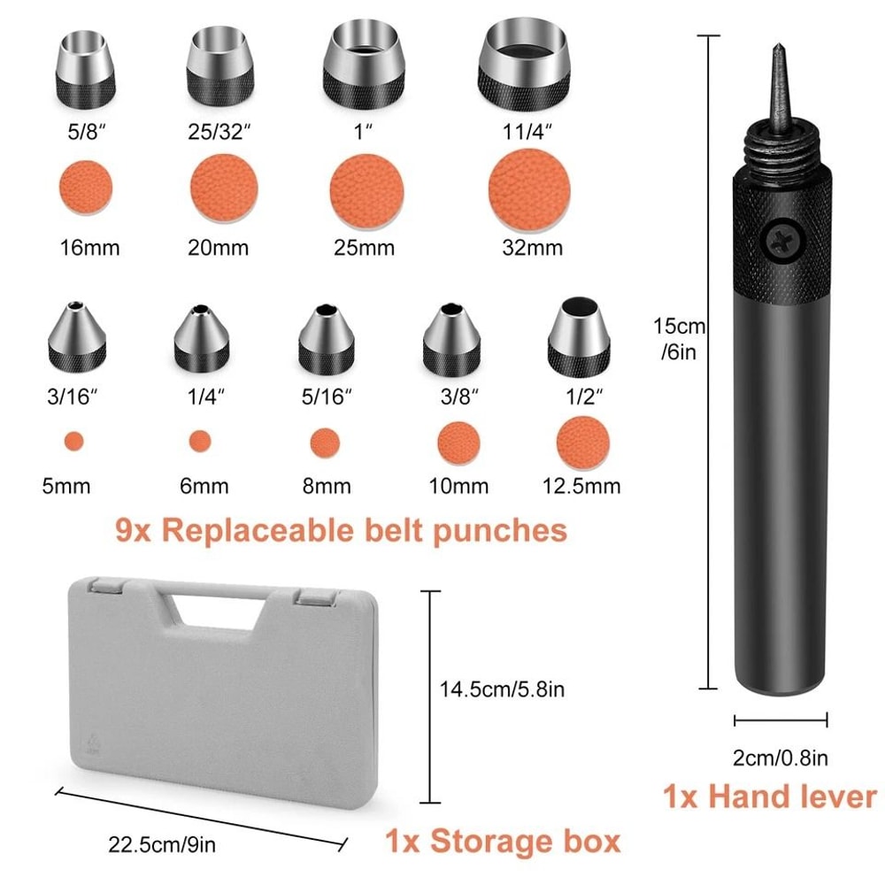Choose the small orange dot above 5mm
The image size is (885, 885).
pos(73,440)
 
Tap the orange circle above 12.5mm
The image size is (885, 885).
pos(581,440)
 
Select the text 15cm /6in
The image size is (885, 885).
pos(680,339)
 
